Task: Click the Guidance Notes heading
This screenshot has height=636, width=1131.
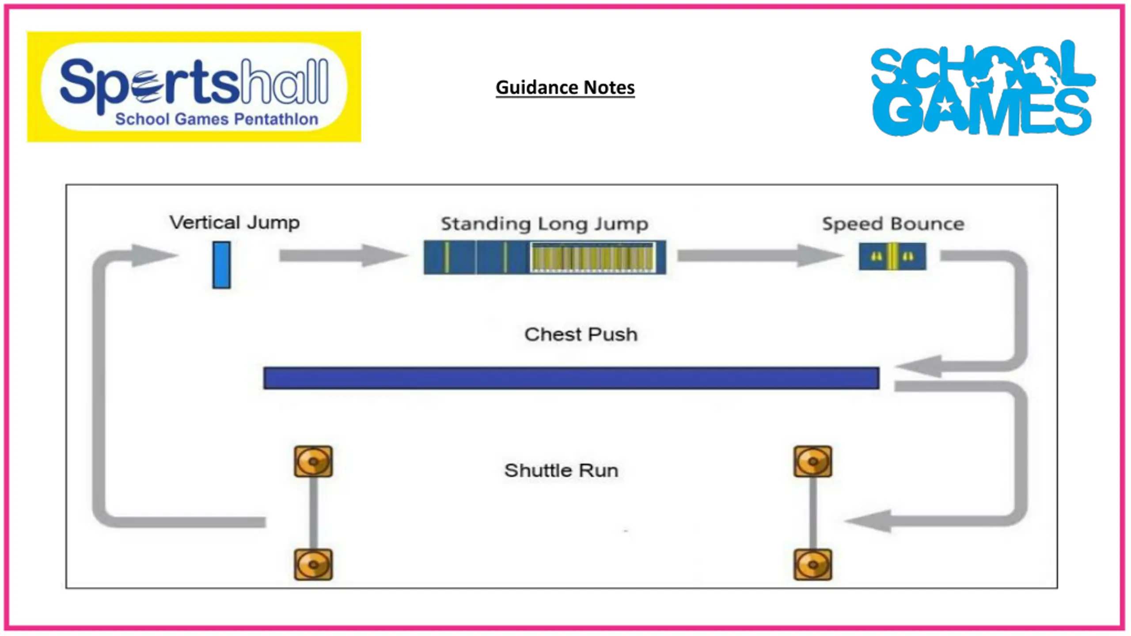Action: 565,87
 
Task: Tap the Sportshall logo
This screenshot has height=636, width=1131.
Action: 194,87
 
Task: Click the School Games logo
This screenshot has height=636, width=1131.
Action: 983,88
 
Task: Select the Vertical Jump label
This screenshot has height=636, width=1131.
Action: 235,222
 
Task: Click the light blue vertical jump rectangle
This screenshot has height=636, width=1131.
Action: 221,265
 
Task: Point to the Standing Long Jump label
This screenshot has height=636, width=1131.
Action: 545,224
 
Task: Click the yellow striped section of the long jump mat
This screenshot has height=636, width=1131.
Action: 593,257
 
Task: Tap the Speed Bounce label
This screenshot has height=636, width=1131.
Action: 893,224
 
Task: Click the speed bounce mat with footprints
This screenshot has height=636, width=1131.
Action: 892,256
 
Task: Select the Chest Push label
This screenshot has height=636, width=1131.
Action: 581,334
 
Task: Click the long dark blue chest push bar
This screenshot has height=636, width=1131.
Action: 571,378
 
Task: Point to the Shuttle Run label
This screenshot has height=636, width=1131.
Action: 561,470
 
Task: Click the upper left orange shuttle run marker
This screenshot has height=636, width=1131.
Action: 313,462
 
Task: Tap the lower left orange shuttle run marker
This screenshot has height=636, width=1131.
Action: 313,564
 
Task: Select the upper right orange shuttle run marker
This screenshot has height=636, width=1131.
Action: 813,462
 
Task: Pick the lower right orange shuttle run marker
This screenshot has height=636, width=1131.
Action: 813,564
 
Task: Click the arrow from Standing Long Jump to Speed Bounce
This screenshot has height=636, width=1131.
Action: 760,255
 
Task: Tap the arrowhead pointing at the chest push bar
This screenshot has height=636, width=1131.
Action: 919,366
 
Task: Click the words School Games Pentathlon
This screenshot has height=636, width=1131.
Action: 216,119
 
